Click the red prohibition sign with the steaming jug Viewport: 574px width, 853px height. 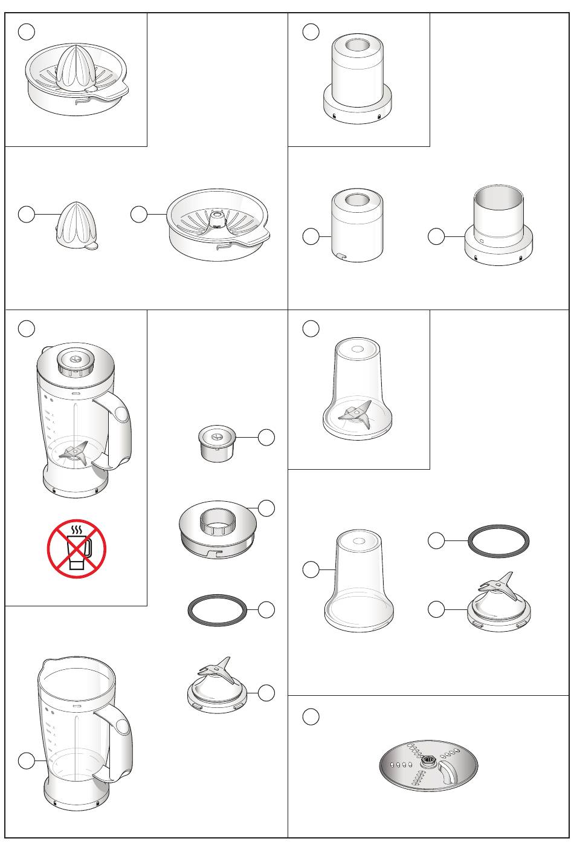[x=77, y=549]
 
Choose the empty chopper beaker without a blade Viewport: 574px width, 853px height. [x=359, y=583]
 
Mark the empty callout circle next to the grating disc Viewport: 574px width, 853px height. [x=311, y=717]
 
